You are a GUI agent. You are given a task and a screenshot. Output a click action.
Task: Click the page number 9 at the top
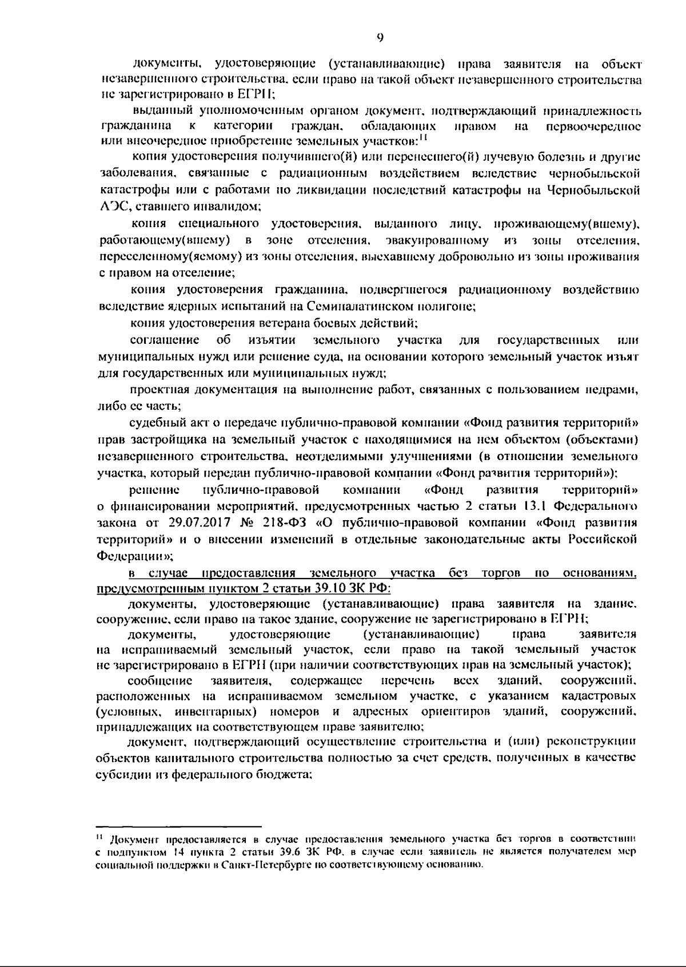click(x=380, y=37)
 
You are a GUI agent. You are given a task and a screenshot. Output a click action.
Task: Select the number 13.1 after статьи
click(x=536, y=507)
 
